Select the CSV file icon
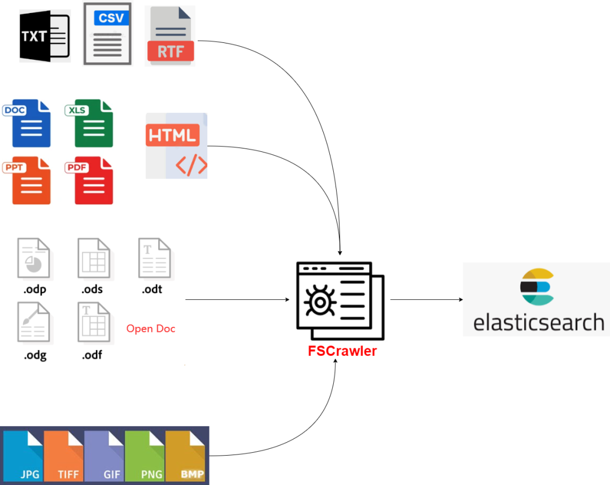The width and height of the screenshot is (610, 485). click(107, 34)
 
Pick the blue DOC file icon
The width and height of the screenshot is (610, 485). click(28, 123)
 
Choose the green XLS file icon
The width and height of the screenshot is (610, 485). click(91, 123)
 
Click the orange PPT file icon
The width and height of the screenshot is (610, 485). click(28, 181)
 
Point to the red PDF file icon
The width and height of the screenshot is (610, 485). click(91, 181)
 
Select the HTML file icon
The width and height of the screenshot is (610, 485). click(176, 146)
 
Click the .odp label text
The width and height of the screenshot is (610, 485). click(34, 290)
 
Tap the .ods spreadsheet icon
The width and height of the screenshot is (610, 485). click(94, 259)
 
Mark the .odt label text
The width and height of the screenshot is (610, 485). click(153, 290)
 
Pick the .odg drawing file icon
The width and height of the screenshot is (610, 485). click(33, 322)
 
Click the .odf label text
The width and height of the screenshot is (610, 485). click(92, 355)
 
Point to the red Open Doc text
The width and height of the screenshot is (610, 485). click(151, 329)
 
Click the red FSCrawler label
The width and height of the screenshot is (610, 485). click(342, 351)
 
